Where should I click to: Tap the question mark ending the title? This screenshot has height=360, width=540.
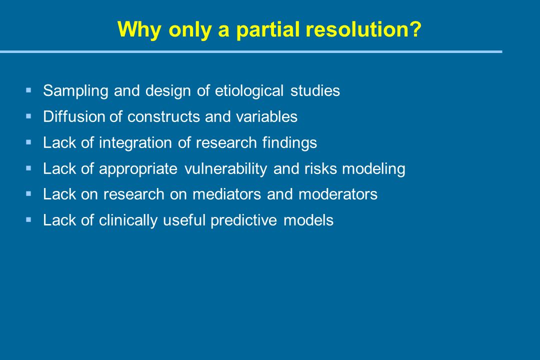coord(415,29)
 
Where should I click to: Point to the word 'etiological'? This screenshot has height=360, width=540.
coord(249,90)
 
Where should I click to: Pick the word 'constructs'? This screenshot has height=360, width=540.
coord(163,117)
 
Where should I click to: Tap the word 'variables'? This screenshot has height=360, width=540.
coord(266,116)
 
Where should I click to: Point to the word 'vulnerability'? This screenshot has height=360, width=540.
coord(225,169)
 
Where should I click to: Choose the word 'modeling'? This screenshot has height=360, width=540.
coord(373,169)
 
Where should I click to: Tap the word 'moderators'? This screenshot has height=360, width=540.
coord(338,194)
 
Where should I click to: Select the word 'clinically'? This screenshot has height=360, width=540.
coord(128,220)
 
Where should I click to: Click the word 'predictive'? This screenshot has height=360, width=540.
coord(244,220)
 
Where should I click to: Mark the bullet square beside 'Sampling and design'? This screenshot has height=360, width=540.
coord(28,90)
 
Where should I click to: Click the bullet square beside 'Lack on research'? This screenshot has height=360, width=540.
coord(28,194)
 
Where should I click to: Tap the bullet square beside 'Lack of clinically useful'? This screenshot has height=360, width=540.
coord(28,219)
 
